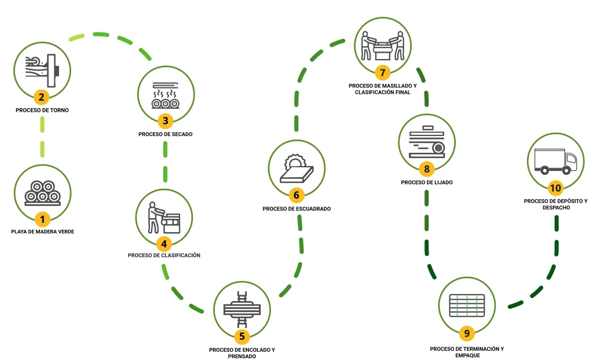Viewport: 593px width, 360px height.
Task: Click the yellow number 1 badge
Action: [42, 219]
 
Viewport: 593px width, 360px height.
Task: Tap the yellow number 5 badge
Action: [243, 335]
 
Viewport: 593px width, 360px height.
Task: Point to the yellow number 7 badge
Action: [381, 72]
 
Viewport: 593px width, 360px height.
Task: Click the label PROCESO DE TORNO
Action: [42, 110]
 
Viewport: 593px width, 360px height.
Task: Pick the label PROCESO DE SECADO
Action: [166, 134]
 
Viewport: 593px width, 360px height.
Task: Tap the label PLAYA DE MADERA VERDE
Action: [43, 232]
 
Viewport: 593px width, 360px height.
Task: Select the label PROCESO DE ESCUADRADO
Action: [296, 208]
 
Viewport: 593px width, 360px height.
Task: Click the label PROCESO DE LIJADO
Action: [427, 182]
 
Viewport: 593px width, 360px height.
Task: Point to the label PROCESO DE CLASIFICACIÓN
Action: [164, 255]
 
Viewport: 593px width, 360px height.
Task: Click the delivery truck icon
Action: [555, 161]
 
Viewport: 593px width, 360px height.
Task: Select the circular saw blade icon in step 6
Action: [295, 160]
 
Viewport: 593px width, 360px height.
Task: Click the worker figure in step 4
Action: [153, 217]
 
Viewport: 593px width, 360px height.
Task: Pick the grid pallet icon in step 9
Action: [467, 306]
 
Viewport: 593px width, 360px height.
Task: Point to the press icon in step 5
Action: [242, 308]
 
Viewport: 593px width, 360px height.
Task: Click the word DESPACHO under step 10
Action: [555, 207]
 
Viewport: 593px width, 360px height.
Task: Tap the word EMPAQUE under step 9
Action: [467, 356]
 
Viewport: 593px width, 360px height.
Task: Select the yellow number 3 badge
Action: [166, 121]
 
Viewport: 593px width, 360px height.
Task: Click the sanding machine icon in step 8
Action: [427, 142]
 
